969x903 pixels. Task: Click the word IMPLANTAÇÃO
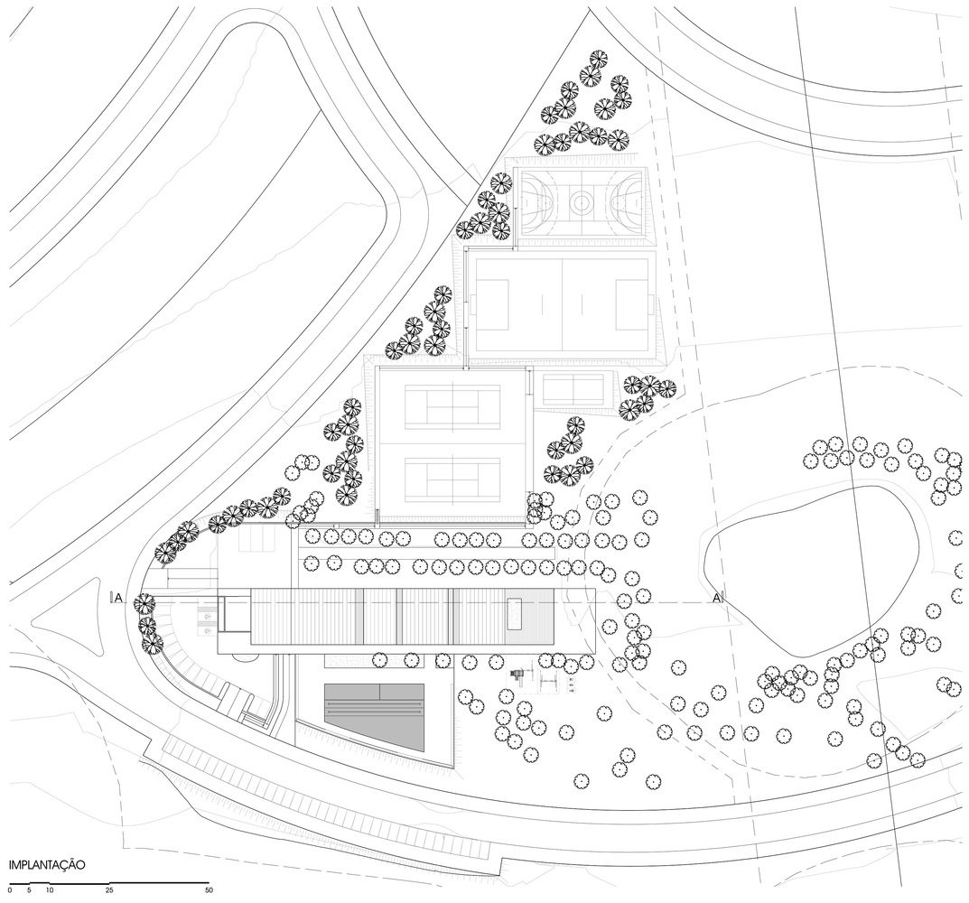pyautogui.click(x=46, y=864)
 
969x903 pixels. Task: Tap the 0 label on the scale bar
pyautogui.click(x=11, y=890)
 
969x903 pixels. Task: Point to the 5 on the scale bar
pyautogui.click(x=30, y=890)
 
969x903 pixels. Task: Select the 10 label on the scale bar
pyautogui.click(x=50, y=890)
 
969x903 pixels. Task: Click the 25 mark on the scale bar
pyautogui.click(x=108, y=890)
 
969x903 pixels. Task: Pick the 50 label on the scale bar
pyautogui.click(x=209, y=890)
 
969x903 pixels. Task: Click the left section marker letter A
pyautogui.click(x=118, y=597)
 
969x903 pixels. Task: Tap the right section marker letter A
pyautogui.click(x=716, y=597)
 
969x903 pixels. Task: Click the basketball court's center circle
pyautogui.click(x=581, y=200)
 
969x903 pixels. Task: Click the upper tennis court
pyautogui.click(x=452, y=408)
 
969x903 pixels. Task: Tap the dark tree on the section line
pyautogui.click(x=144, y=602)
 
